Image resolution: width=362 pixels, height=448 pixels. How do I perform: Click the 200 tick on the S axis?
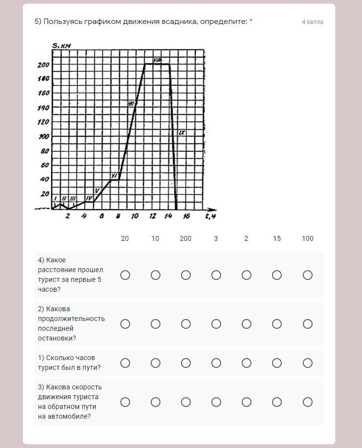click(44, 64)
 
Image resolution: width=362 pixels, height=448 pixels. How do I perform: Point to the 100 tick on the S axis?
click(44, 136)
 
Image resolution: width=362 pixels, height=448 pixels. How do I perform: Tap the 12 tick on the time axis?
click(153, 216)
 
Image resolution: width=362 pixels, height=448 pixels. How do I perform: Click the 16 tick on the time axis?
click(186, 216)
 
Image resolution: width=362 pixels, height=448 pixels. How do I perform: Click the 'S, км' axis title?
click(62, 46)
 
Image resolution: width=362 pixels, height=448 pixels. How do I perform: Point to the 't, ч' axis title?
click(210, 215)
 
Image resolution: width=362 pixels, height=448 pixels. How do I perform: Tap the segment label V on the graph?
click(97, 191)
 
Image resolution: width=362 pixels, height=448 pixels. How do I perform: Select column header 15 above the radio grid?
click(277, 238)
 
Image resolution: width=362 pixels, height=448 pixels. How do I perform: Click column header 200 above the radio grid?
click(186, 238)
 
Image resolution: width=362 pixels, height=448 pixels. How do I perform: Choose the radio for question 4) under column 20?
click(125, 275)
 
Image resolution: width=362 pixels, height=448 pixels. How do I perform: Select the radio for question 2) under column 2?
click(247, 324)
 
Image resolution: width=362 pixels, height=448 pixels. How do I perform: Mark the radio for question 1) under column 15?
click(277, 363)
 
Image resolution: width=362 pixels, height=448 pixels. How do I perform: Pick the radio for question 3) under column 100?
click(307, 402)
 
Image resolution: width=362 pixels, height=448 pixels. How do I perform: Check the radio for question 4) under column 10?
click(156, 275)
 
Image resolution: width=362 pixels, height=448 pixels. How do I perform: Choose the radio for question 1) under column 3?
click(216, 363)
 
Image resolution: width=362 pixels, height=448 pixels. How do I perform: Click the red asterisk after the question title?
click(251, 21)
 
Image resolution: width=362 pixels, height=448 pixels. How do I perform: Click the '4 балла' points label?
click(312, 22)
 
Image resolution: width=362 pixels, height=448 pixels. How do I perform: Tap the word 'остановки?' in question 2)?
click(57, 338)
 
